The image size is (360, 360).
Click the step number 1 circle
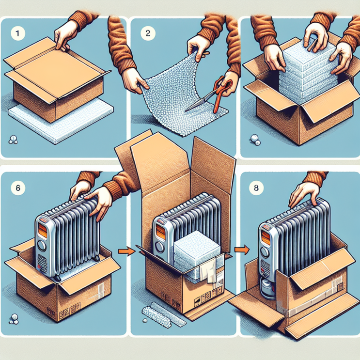click(x=17, y=33)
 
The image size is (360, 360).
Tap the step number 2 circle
click(x=148, y=33)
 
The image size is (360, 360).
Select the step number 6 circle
click(x=18, y=188)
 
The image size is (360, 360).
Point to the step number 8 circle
click(x=256, y=188)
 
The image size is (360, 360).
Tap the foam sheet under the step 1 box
click(x=61, y=121)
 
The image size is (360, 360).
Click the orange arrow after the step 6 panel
click(x=126, y=251)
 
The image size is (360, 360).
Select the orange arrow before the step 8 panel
click(x=242, y=250)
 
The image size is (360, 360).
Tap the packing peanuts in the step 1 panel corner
click(x=13, y=140)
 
